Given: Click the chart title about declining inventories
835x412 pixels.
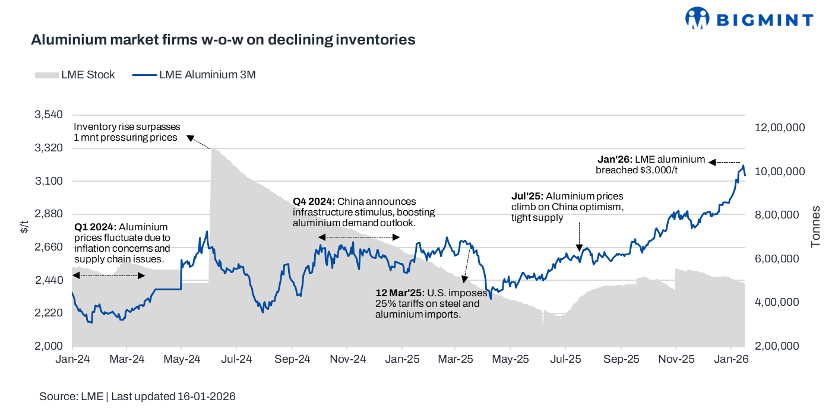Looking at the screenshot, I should tap(223, 40).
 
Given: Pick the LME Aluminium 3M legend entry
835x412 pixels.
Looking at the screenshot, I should tap(194, 75).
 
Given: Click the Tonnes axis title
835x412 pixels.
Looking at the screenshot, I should tap(816, 226).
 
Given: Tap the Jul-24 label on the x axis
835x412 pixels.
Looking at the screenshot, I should tap(237, 359).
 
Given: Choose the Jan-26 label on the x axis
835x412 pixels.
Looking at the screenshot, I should tap(730, 359).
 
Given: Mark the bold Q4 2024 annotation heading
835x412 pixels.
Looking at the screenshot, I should tap(314, 201).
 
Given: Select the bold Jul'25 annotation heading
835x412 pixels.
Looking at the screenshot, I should tap(527, 196).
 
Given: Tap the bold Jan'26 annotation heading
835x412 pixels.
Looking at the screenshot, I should tap(614, 160).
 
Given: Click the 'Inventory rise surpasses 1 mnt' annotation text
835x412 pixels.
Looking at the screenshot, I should tap(126, 132).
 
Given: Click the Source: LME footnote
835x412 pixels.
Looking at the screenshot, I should tap(137, 397).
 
